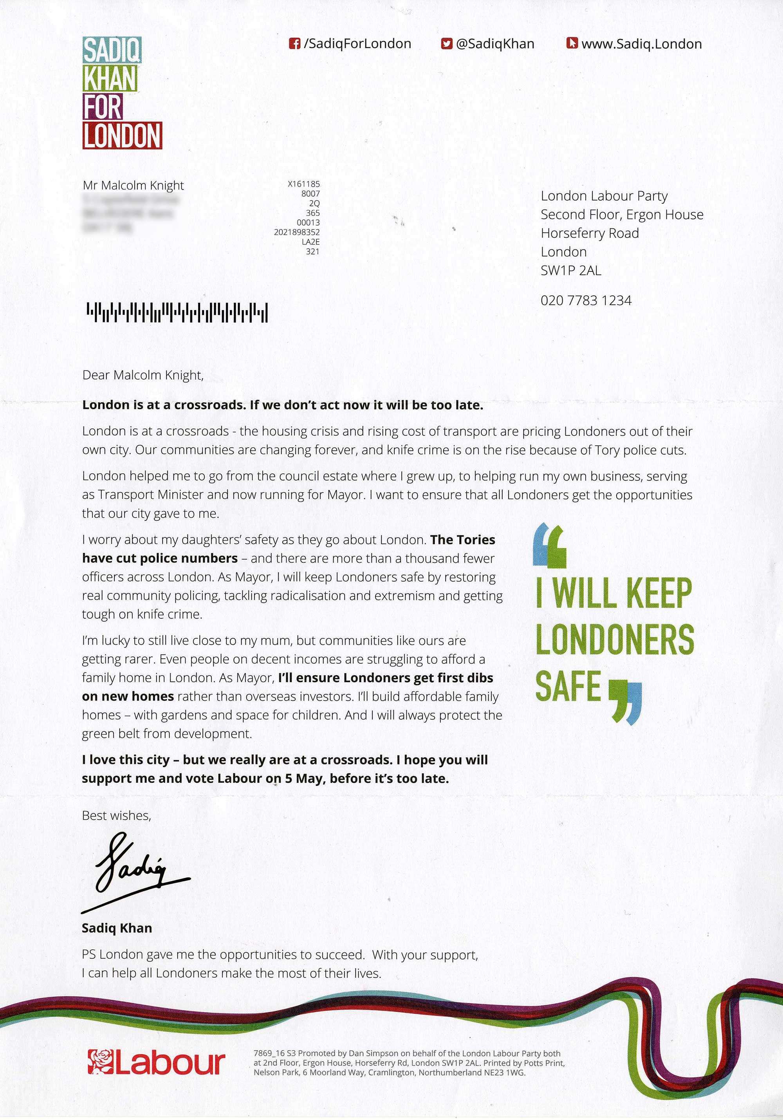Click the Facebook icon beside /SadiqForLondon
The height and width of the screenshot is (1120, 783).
pos(294,44)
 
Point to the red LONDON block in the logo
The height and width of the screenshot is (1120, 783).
pos(122,135)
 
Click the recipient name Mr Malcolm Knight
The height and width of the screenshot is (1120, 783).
pos(133,185)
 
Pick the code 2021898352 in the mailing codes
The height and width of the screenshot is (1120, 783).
pos(296,232)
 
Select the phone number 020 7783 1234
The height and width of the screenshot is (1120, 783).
pos(586,300)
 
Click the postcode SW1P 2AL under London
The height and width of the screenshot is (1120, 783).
pos(570,270)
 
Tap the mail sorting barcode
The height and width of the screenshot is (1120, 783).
pos(177,313)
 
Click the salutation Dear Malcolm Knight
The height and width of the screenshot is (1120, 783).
pos(143,375)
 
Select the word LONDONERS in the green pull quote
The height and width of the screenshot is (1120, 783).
pos(614,639)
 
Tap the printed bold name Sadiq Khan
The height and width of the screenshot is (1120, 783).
pos(117,928)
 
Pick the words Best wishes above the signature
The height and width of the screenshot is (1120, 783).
pos(116,816)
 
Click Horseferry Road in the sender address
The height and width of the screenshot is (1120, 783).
pos(590,233)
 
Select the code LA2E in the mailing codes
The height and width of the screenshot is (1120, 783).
pos(310,242)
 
